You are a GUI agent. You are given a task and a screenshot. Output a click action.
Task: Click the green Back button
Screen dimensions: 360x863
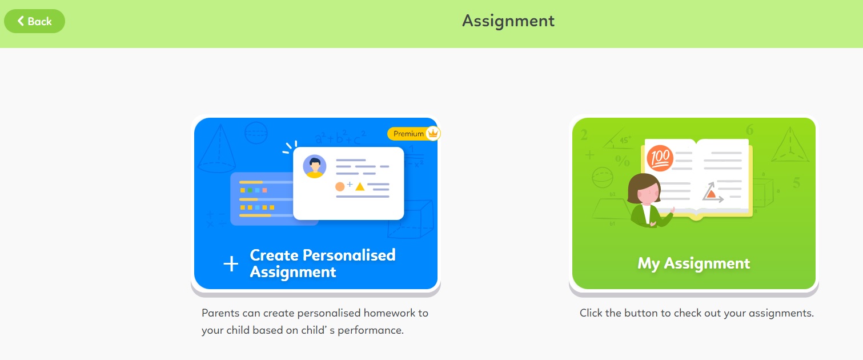pyautogui.click(x=34, y=21)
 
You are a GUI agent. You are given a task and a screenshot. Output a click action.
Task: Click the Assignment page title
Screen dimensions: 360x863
pyautogui.click(x=508, y=21)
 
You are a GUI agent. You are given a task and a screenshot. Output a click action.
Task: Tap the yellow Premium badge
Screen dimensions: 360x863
pyautogui.click(x=408, y=134)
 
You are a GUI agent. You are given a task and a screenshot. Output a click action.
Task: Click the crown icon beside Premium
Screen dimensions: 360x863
pyautogui.click(x=433, y=134)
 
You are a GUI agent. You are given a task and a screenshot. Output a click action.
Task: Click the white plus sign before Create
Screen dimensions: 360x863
pyautogui.click(x=231, y=264)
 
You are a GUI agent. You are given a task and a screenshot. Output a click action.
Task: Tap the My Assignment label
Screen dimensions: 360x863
pyautogui.click(x=693, y=263)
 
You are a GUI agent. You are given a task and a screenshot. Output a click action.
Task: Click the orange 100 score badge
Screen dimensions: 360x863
pyautogui.click(x=660, y=158)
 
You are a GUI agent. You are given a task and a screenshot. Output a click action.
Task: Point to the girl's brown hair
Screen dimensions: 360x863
pyautogui.click(x=643, y=183)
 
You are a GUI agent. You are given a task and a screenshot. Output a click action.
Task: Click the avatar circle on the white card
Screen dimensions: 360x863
pyautogui.click(x=314, y=166)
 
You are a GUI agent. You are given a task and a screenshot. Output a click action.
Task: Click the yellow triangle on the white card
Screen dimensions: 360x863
pyautogui.click(x=360, y=186)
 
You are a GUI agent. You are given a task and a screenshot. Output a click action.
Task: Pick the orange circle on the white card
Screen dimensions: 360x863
pyautogui.click(x=340, y=186)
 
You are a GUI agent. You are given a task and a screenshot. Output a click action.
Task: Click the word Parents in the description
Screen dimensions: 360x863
pyautogui.click(x=219, y=313)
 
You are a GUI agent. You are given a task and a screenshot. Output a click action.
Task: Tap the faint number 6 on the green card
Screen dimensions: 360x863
pyautogui.click(x=749, y=130)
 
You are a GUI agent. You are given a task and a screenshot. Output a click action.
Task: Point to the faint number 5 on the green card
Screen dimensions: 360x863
pyautogui.click(x=797, y=183)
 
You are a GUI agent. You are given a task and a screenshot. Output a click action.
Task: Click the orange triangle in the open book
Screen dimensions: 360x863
pyautogui.click(x=711, y=194)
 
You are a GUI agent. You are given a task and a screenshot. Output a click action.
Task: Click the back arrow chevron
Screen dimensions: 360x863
pyautogui.click(x=21, y=21)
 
